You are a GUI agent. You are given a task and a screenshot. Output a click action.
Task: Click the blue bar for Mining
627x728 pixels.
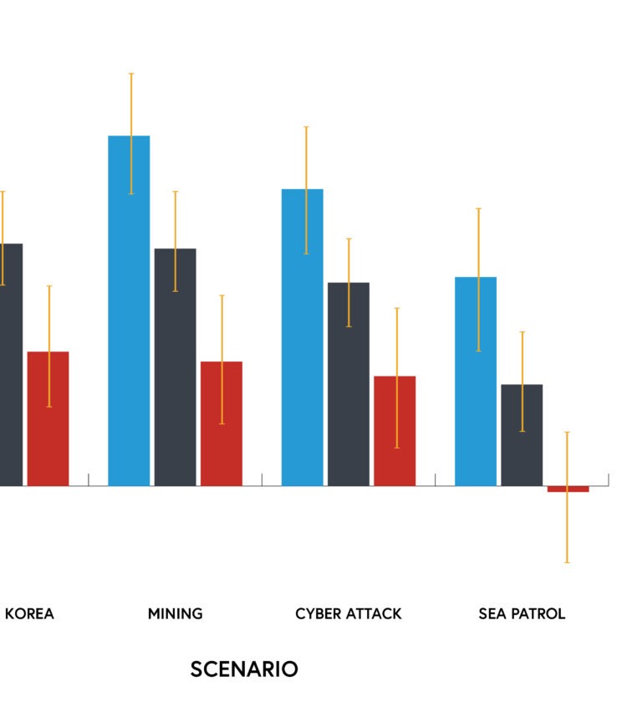pyautogui.click(x=129, y=310)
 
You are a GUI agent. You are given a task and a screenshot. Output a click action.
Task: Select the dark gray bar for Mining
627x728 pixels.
pyautogui.click(x=176, y=367)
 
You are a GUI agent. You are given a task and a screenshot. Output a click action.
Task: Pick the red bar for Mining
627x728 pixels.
pyautogui.click(x=222, y=423)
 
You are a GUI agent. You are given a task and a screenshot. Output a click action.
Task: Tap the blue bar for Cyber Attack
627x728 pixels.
pyautogui.click(x=303, y=337)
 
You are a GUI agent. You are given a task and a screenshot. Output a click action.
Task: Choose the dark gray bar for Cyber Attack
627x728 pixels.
pyautogui.click(x=349, y=384)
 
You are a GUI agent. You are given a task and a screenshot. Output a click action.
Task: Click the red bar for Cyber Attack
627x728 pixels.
pyautogui.click(x=395, y=431)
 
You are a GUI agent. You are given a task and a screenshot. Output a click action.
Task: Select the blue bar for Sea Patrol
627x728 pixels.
pyautogui.click(x=476, y=382)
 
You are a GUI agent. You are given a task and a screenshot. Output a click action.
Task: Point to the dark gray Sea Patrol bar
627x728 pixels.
pyautogui.click(x=522, y=435)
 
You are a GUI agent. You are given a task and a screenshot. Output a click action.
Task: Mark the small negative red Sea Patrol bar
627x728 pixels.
pyautogui.click(x=568, y=489)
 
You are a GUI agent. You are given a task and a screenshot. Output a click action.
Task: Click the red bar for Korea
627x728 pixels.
pyautogui.click(x=48, y=418)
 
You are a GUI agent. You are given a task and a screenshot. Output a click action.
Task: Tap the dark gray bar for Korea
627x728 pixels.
pyautogui.click(x=11, y=365)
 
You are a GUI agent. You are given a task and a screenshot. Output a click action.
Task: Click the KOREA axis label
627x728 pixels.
pyautogui.click(x=29, y=614)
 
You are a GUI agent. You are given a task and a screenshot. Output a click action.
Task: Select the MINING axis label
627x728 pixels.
pyautogui.click(x=176, y=614)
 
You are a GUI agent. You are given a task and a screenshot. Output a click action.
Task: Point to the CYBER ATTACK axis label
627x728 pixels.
pyautogui.click(x=349, y=614)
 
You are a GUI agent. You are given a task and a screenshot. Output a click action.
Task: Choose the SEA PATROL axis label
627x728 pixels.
pyautogui.click(x=522, y=614)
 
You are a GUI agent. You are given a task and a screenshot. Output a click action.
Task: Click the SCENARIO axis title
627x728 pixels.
pyautogui.click(x=244, y=669)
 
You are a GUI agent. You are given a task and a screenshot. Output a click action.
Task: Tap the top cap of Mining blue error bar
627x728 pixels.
pyautogui.click(x=131, y=74)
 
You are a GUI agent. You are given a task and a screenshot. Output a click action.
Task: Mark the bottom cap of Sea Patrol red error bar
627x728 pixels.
pyautogui.click(x=567, y=562)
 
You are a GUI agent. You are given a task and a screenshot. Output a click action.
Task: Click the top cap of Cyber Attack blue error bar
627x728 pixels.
pyautogui.click(x=306, y=126)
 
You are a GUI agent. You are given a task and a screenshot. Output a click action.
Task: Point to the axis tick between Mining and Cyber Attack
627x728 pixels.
pyautogui.click(x=262, y=479)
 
